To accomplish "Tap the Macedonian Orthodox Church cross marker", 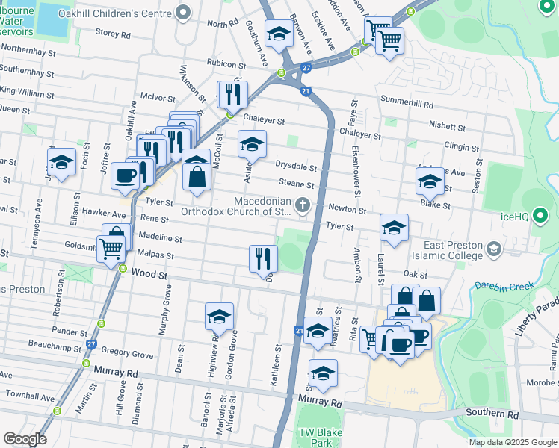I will (302, 204).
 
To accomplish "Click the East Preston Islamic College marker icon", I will (492, 248).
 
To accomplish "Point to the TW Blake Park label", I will (315, 438).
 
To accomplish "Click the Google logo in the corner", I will (24, 439).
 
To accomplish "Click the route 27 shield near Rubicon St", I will (306, 68).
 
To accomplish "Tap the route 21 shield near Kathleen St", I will (298, 330).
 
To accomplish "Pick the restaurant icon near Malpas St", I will (263, 258).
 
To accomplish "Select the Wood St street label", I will (146, 274).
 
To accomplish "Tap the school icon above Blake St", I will (430, 181).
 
